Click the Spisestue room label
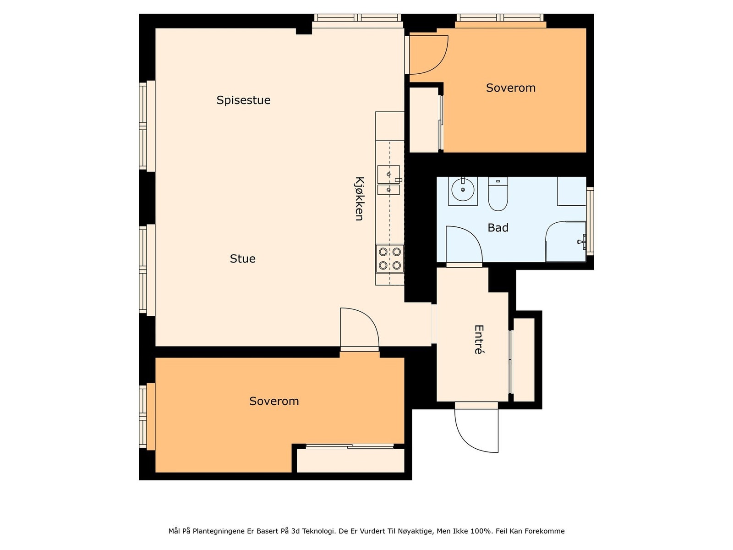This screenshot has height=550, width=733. (243, 100)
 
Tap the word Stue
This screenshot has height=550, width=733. (242, 258)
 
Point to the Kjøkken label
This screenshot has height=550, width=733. (359, 199)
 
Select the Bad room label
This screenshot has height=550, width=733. (498, 228)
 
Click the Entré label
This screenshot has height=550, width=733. (479, 339)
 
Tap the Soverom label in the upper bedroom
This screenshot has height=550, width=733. (511, 88)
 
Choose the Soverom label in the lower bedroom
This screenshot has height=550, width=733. (274, 401)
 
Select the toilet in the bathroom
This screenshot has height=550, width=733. (498, 194)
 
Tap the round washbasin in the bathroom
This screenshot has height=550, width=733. (463, 190)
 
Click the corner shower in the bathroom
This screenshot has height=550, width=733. (566, 242)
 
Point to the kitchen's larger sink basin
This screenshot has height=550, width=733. (388, 174)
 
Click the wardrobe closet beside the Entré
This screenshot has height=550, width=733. (524, 360)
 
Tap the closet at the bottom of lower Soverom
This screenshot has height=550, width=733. (350, 461)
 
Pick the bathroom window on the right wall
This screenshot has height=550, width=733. (590, 221)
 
